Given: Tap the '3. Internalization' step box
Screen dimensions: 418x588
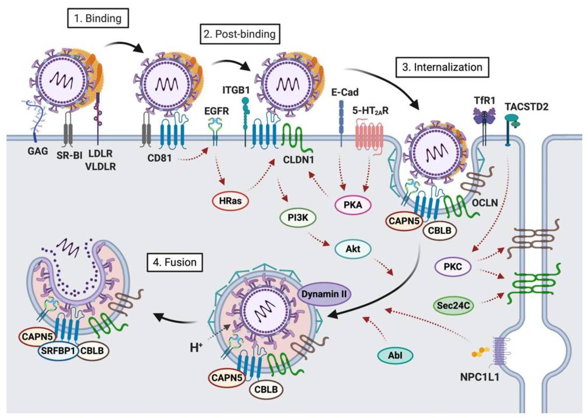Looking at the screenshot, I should pyautogui.click(x=442, y=68).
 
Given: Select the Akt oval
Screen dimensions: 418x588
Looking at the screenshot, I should pyautogui.click(x=355, y=248).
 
